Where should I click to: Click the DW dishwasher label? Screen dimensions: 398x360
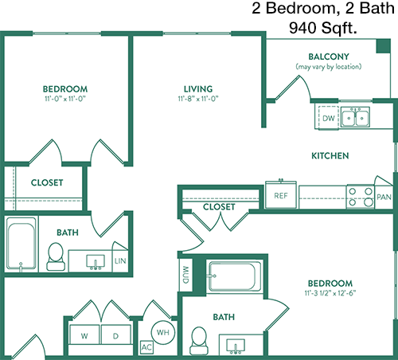pyautogui.click(x=328, y=118)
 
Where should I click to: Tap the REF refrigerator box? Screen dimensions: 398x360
pyautogui.click(x=281, y=195)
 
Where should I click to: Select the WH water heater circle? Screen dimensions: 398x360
pyautogui.click(x=163, y=332)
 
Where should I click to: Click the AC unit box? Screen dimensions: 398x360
pyautogui.click(x=146, y=347)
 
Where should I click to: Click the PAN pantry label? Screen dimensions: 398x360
pyautogui.click(x=384, y=197)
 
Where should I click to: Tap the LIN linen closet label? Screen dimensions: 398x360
pyautogui.click(x=120, y=261)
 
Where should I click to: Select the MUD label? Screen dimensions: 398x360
pyautogui.click(x=185, y=275)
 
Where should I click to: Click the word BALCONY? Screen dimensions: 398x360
pyautogui.click(x=329, y=57)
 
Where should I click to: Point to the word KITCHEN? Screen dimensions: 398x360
pyautogui.click(x=330, y=155)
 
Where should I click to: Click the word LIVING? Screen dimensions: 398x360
pyautogui.click(x=198, y=88)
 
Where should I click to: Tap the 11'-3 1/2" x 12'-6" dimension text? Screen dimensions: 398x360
pyautogui.click(x=330, y=293)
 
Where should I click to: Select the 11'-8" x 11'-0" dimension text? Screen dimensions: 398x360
pyautogui.click(x=198, y=99)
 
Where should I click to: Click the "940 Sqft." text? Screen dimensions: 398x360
pyautogui.click(x=323, y=28)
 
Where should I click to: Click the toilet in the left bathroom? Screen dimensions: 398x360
pyautogui.click(x=56, y=256)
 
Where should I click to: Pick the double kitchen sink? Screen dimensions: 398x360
pyautogui.click(x=355, y=117)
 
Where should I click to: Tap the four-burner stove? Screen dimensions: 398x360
pyautogui.click(x=361, y=197)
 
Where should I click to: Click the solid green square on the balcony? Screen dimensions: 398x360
pyautogui.click(x=384, y=46)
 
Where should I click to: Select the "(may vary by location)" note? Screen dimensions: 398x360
pyautogui.click(x=329, y=66)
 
